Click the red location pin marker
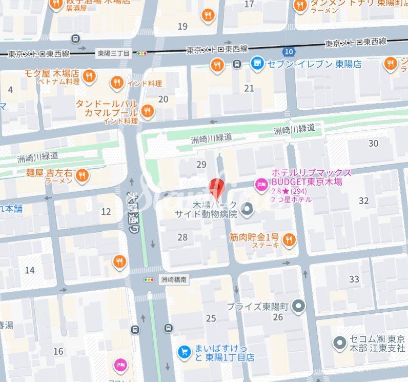coord(217,188)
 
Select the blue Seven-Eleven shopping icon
coord(257,64)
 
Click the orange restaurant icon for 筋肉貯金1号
coord(289,239)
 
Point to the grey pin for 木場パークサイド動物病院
coord(248,209)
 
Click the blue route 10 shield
coord(289,51)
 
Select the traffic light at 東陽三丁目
coord(141,53)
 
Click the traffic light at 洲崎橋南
coord(149,280)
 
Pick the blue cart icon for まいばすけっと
coord(184,352)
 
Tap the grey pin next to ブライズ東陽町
coord(299,307)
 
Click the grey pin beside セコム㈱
coord(339,343)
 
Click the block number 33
coord(354,279)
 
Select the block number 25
coord(211,318)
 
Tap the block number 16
coord(58,351)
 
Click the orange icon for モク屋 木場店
coord(89,76)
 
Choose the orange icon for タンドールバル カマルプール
coord(148,111)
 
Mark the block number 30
coord(373,143)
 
